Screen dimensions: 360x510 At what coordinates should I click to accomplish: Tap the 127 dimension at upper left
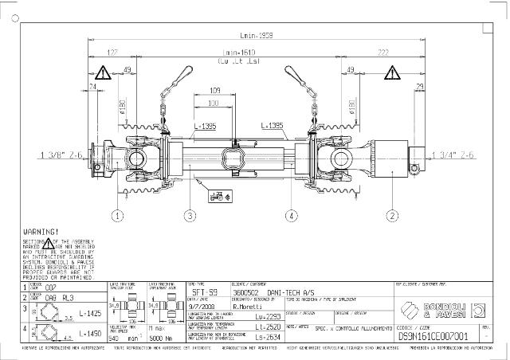[x=112, y=53]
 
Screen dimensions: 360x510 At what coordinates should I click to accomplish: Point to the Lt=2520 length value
[x=269, y=327]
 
